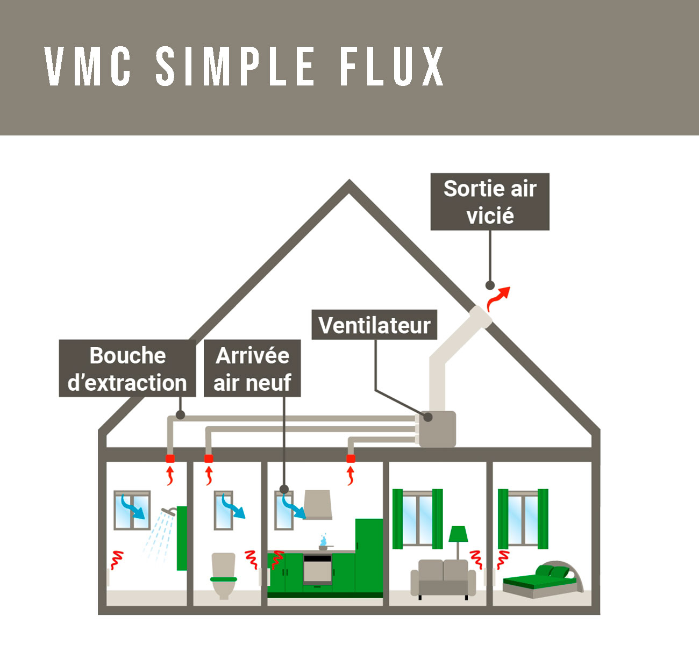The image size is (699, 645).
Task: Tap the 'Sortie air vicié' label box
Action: click(490, 202)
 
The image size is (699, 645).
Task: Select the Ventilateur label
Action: click(374, 325)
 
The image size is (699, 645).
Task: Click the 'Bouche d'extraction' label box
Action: click(127, 369)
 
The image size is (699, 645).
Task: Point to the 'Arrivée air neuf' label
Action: click(252, 369)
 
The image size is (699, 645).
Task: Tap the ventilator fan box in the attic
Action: click(437, 429)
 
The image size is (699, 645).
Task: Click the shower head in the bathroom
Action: click(169, 512)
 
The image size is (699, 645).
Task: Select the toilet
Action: click(223, 575)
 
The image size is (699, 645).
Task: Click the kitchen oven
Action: click(317, 570)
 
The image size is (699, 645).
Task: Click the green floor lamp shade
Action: click(458, 534)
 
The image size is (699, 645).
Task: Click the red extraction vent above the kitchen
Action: click(351, 458)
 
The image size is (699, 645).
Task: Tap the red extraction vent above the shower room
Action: click(170, 458)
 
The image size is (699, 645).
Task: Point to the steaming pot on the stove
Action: click(323, 544)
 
